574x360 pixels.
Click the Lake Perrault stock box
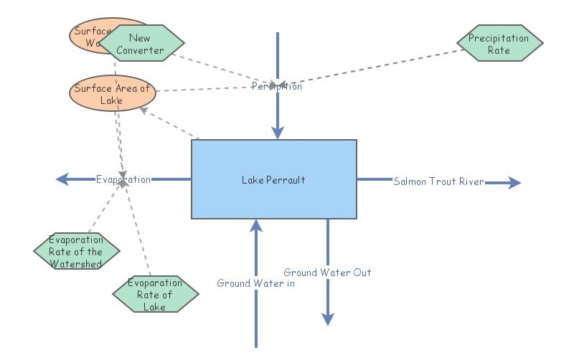coord(273,179)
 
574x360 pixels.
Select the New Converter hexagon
coord(141,44)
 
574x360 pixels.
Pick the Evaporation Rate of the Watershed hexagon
coord(76,252)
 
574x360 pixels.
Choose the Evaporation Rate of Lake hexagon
coord(156,295)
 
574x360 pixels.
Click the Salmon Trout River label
coord(438,181)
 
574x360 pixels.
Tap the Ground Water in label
coord(255,283)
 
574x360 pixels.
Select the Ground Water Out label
coord(327,273)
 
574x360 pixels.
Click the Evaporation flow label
coord(123,179)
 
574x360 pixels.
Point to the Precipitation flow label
coord(276,87)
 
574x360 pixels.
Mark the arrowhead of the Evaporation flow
coord(62,179)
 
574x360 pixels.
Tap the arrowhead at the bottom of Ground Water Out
coord(328,319)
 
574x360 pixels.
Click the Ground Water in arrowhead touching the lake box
coord(255,226)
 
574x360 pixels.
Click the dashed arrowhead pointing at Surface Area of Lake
coord(145,110)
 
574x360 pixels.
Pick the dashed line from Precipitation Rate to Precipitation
coord(373,67)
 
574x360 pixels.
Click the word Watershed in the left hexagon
coord(76,263)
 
